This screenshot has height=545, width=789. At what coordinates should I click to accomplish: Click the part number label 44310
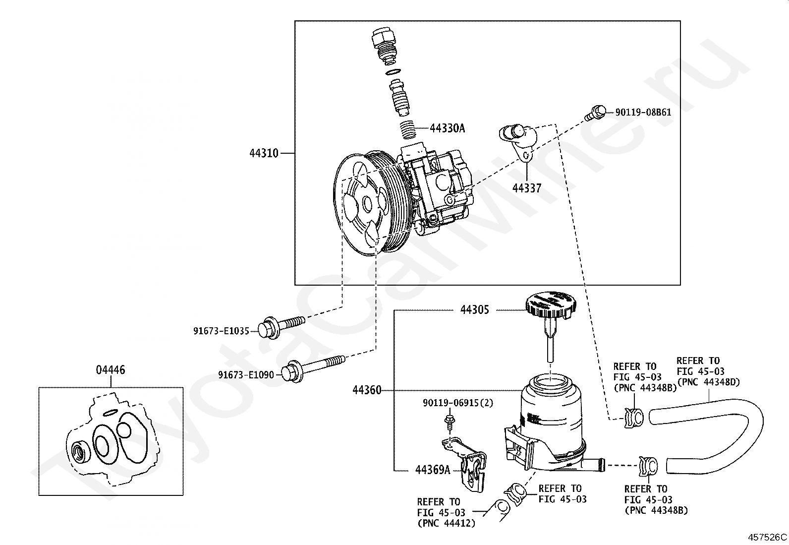click(x=264, y=153)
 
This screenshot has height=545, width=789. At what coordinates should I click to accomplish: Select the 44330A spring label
click(x=448, y=128)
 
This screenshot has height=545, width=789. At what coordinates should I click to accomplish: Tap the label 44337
click(x=527, y=188)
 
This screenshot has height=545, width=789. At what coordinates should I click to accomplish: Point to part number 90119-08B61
click(x=643, y=112)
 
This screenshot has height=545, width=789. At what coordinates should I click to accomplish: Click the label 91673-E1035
click(x=221, y=331)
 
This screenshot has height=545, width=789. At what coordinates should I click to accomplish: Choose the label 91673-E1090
click(x=246, y=375)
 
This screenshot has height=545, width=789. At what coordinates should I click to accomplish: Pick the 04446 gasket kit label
click(x=111, y=370)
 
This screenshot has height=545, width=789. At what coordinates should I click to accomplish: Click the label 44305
click(x=475, y=310)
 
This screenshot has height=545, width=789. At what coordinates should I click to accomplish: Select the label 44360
click(x=367, y=390)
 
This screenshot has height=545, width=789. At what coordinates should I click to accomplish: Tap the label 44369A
click(x=433, y=470)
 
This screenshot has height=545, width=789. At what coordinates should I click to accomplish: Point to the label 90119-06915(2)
click(x=458, y=403)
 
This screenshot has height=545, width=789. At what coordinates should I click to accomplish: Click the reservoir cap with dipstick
click(x=551, y=317)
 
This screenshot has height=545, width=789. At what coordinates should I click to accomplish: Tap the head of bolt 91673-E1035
click(x=267, y=329)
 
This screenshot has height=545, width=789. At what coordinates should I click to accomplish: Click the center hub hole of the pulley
click(x=367, y=203)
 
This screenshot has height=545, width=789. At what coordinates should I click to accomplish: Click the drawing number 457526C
click(x=768, y=537)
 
